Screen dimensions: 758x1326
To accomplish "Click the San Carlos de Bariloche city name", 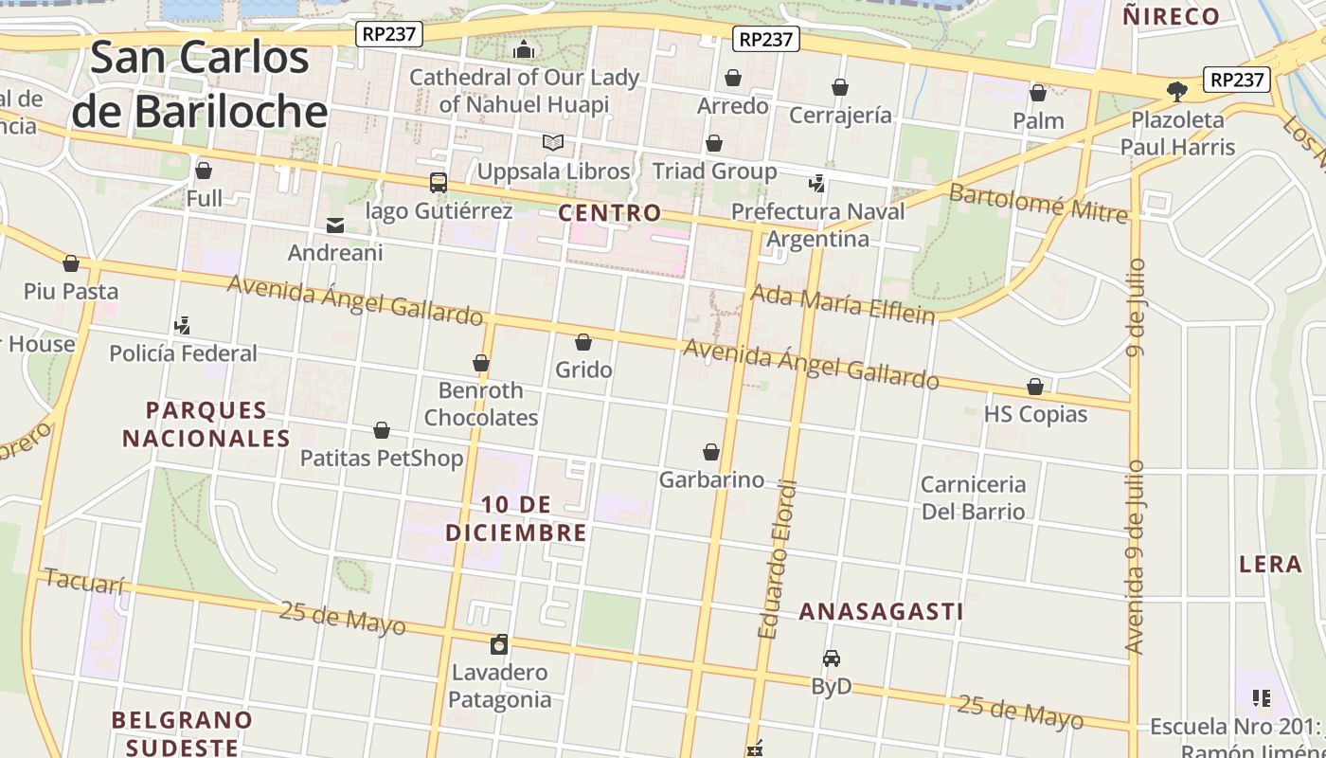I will pos(200,85).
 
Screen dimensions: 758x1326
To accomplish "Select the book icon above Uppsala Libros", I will pos(553,142).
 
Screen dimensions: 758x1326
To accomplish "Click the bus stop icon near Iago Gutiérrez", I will pos(438,183).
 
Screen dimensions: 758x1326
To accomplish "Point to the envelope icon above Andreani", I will pos(335,226).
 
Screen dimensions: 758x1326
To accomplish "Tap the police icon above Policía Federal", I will pos(183,326).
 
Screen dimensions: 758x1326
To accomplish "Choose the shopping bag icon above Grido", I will pos(583,342).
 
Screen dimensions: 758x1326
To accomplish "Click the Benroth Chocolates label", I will pos(481,404).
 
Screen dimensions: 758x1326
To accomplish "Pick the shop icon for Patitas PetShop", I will pos(382,431).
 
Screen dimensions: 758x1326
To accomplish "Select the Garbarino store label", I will pos(711,479).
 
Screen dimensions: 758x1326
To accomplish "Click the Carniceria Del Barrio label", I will pos(973,497).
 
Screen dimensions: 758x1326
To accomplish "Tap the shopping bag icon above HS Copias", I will pos(1035,387).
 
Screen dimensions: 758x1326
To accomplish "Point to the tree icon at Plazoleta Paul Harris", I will pos(1177,92).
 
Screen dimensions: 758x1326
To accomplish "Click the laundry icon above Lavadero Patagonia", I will pos(499,645).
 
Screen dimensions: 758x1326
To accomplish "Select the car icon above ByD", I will pos(832,659).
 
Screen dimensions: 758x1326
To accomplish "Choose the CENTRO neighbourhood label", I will pos(609,212).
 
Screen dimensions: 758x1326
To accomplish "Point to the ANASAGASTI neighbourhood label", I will pos(881,611).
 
